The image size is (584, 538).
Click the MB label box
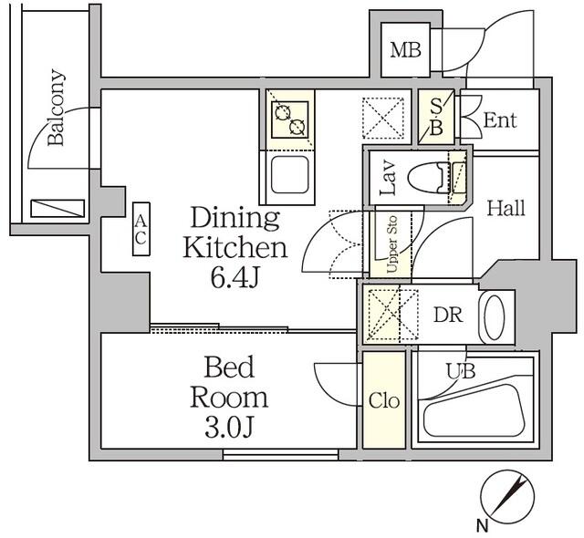406,49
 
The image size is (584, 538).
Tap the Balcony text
56,109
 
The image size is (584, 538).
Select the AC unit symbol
141,229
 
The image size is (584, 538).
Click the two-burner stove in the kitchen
291,118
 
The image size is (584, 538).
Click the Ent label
499,120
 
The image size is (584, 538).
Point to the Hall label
505,208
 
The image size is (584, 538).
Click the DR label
447,316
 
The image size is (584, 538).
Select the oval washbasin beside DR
494,316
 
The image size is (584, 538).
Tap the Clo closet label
383,401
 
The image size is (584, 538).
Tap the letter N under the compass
481,524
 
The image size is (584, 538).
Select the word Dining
235,218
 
